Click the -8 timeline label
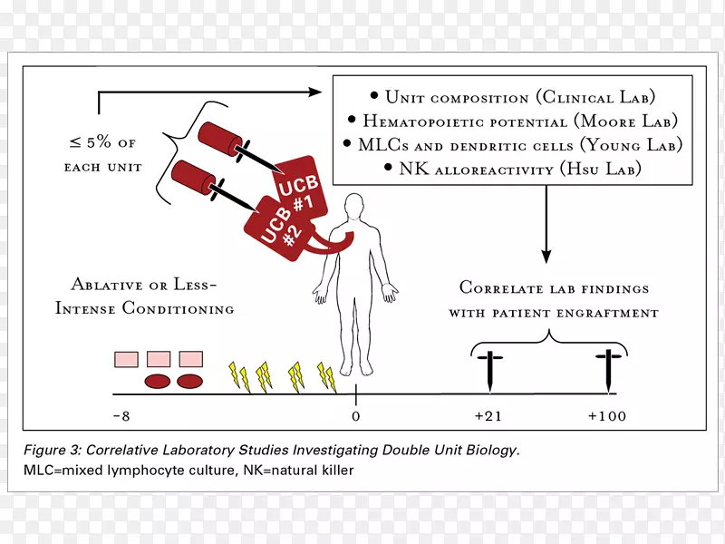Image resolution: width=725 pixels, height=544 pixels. click(121, 416)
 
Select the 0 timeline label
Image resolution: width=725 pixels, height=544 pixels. click(355, 416)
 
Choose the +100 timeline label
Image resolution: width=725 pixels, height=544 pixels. click(606, 416)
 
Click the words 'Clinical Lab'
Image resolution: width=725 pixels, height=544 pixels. click(599, 97)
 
